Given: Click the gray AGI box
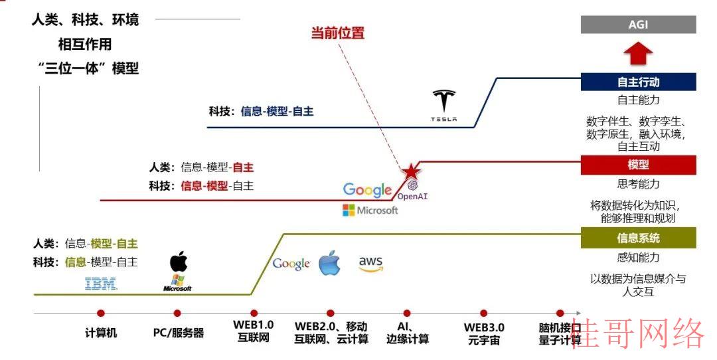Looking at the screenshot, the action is tap(639, 25).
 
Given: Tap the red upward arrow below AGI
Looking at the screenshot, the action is tap(638, 53).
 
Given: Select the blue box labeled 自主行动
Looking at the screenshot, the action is tap(639, 82).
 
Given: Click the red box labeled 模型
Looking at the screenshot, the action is tap(639, 165).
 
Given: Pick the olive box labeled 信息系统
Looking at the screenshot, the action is tap(639, 238).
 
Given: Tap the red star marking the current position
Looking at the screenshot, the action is tap(411, 171).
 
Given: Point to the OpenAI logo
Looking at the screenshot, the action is tap(412, 190).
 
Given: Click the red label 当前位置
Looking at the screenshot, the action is tap(338, 33).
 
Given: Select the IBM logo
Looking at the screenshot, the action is tap(101, 284).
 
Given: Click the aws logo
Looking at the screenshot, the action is tap(370, 264).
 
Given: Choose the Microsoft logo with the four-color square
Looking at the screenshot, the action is tap(370, 211).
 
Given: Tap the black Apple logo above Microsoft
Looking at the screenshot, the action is tap(179, 261).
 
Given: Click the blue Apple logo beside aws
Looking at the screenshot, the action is tap(330, 263).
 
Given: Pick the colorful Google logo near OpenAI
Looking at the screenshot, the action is tap(368, 190).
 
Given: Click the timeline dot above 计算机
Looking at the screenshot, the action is tap(101, 314).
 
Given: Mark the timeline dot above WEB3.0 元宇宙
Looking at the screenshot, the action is tap(483, 314).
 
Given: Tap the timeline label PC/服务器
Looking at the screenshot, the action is tap(179, 333).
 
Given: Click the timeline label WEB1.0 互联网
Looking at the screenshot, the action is tap(254, 331).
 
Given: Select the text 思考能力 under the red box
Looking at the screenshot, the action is tap(639, 184).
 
